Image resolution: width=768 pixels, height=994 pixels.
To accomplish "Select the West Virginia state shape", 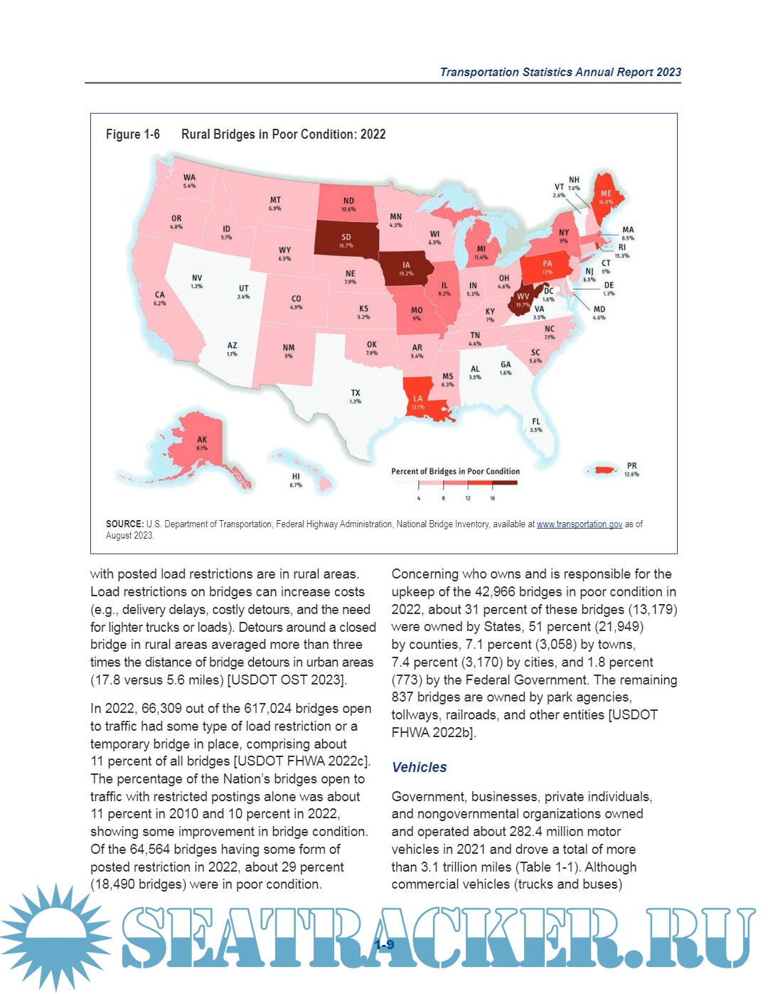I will coord(523,298).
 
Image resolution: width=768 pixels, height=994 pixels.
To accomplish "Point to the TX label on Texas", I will coord(356,393).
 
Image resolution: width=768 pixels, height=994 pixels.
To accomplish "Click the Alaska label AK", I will coord(202,440).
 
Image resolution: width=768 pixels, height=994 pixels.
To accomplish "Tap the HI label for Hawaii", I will coord(296,476).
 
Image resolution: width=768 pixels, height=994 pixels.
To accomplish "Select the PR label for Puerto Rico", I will coord(631,466).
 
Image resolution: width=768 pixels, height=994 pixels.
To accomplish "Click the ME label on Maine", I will coord(606,194).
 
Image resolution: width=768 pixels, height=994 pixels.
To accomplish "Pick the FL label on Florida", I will coord(536,422).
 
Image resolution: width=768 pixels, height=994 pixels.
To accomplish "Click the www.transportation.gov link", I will coord(579,524).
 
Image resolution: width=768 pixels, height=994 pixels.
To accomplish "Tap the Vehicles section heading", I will coord(420,767).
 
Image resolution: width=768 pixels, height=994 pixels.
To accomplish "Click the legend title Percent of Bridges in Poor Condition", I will coord(455,471).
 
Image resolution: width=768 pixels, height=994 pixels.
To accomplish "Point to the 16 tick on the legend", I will coord(492,498).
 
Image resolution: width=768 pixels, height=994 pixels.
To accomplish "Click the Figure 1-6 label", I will coord(133,134).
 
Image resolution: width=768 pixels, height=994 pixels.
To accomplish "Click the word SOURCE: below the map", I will coord(124,524).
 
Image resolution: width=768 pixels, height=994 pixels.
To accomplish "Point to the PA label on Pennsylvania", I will coord(547,264).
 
